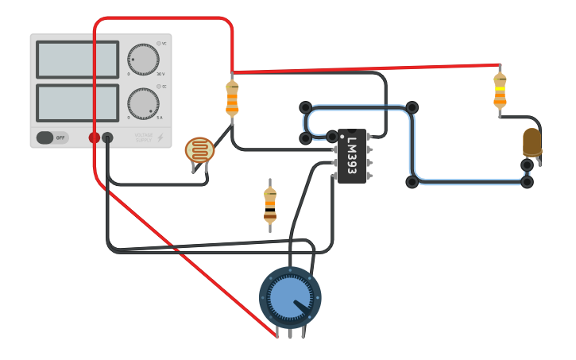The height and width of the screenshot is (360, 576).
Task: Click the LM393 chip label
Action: click(352, 156)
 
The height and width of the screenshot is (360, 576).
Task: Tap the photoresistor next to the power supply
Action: click(199, 150)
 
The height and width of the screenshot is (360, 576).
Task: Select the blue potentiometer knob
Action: click(290, 298)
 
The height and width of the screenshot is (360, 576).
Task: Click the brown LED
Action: click(532, 142)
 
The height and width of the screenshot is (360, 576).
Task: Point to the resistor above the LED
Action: click(500, 89)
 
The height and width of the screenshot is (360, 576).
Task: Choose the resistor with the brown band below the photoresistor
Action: click(270, 205)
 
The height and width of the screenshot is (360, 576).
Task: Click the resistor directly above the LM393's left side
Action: click(232, 99)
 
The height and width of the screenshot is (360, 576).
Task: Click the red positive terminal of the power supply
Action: click(95, 137)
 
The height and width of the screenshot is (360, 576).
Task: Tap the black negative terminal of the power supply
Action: click(107, 137)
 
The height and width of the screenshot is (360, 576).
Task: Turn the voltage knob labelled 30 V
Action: click(143, 60)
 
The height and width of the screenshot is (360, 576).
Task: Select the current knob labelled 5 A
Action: click(143, 104)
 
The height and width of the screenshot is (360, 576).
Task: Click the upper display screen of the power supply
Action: click(77, 60)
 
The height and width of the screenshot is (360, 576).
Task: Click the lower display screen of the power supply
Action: click(77, 103)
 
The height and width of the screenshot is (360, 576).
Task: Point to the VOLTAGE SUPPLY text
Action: click(143, 137)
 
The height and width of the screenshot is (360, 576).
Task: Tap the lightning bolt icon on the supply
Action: click(160, 137)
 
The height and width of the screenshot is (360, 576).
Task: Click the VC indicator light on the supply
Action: click(159, 43)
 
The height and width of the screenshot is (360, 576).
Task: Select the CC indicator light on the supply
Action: click(159, 86)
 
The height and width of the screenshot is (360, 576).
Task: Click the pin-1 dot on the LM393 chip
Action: click(342, 135)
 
